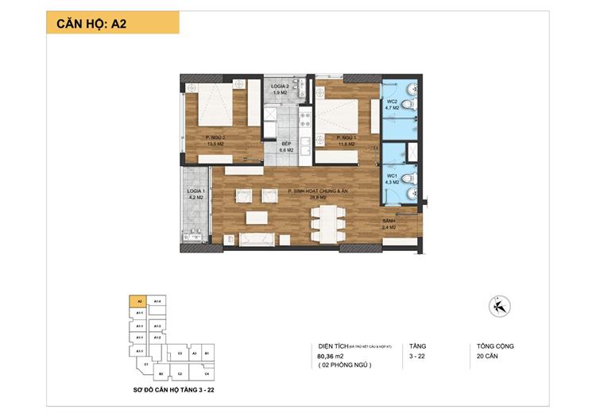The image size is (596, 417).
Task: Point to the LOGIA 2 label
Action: click(x=279, y=88)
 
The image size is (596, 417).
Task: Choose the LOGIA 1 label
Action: click(x=197, y=195)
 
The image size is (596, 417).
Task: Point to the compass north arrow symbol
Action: click(x=501, y=305)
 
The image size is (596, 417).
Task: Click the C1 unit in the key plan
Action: click(x=147, y=365)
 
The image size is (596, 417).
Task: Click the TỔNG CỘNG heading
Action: click(x=496, y=346)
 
